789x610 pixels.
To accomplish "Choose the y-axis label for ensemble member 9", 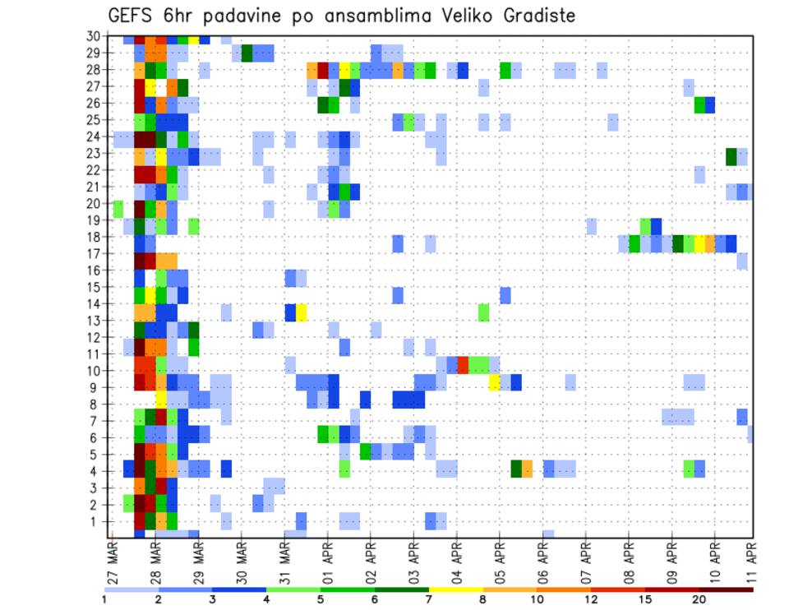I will tap(95, 388).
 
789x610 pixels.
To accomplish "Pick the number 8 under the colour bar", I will tap(483, 598).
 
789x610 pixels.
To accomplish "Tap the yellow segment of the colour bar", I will tap(456, 589).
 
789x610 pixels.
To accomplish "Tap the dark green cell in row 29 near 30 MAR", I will tap(247, 53).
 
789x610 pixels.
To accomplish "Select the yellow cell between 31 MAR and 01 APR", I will tap(302, 312).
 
